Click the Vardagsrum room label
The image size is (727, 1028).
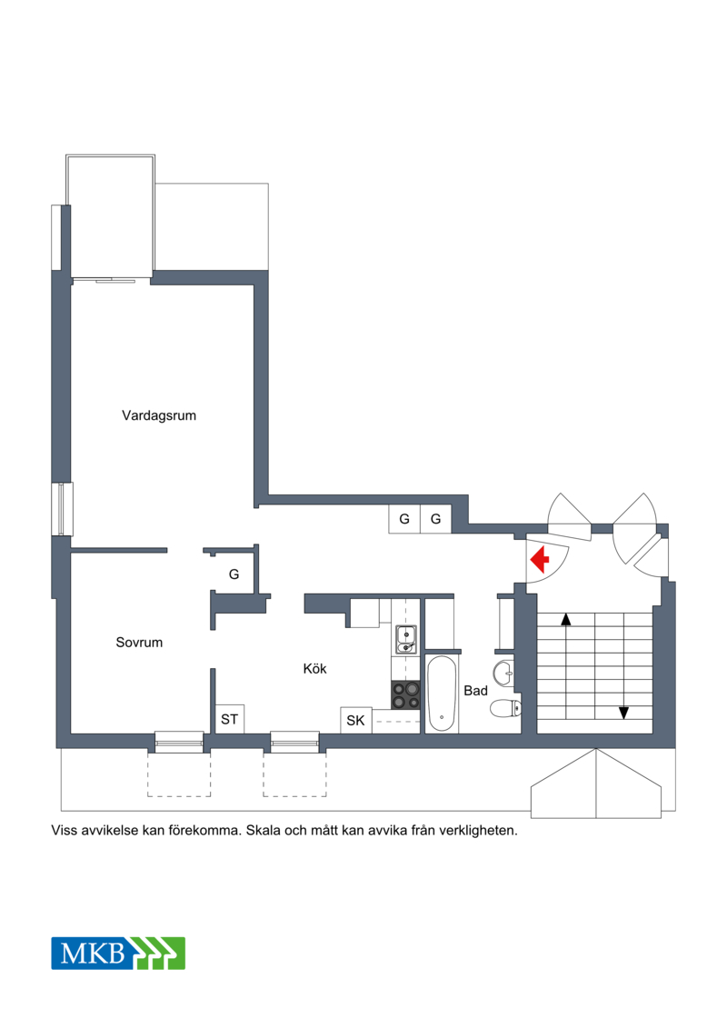point(159,415)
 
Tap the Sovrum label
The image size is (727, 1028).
point(139,643)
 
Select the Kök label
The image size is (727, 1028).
point(314,669)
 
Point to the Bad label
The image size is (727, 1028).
point(475,691)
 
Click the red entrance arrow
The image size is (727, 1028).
point(540,561)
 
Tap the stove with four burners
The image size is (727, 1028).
point(406,695)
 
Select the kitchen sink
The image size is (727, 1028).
point(406,639)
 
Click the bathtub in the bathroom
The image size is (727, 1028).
point(441,694)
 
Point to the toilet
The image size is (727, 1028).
point(505,708)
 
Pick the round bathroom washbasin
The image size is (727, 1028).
point(504,674)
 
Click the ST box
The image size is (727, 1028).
point(229,719)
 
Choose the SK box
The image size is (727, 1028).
point(356,721)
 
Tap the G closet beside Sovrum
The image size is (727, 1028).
point(234,574)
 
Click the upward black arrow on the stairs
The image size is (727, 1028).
point(566,619)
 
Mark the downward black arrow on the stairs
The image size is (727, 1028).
point(623,713)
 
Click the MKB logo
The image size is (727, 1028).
point(118,953)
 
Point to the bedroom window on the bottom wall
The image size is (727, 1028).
point(179,743)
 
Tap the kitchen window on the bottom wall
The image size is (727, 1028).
point(295,743)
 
